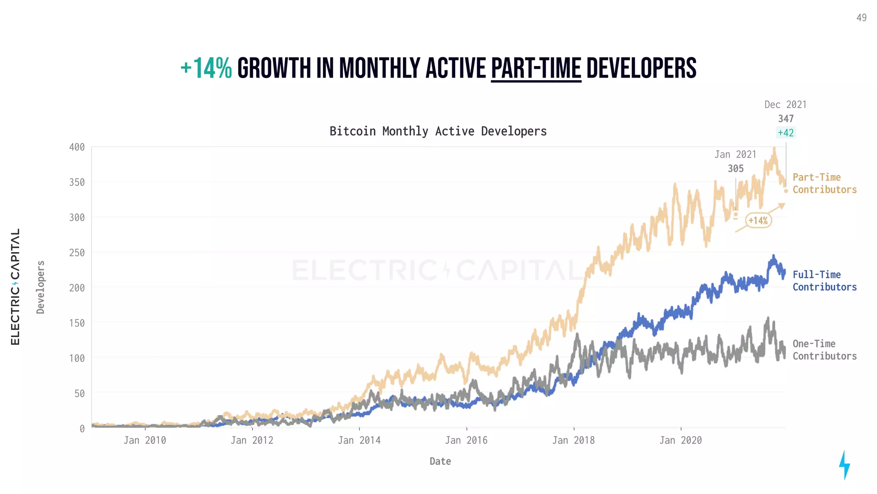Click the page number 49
[x=861, y=18]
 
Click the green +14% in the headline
[x=206, y=69]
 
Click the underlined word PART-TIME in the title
[x=536, y=69]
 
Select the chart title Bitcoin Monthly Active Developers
[x=438, y=131]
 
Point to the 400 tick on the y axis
[x=77, y=147]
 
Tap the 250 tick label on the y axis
[x=77, y=253]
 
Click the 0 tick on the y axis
[x=82, y=428]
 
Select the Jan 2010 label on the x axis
[x=145, y=440]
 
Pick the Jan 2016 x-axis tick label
[x=466, y=440]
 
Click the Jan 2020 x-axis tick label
[x=680, y=440]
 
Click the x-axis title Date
[x=440, y=461]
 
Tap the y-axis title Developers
[x=41, y=287]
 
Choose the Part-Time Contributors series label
[x=824, y=184]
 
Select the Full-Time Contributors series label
[x=824, y=281]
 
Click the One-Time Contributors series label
[x=824, y=350]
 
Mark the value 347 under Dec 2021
[x=786, y=119]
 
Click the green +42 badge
[x=786, y=133]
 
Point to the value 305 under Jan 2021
[x=736, y=169]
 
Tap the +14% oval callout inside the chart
[x=758, y=220]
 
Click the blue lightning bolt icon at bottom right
[x=844, y=465]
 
